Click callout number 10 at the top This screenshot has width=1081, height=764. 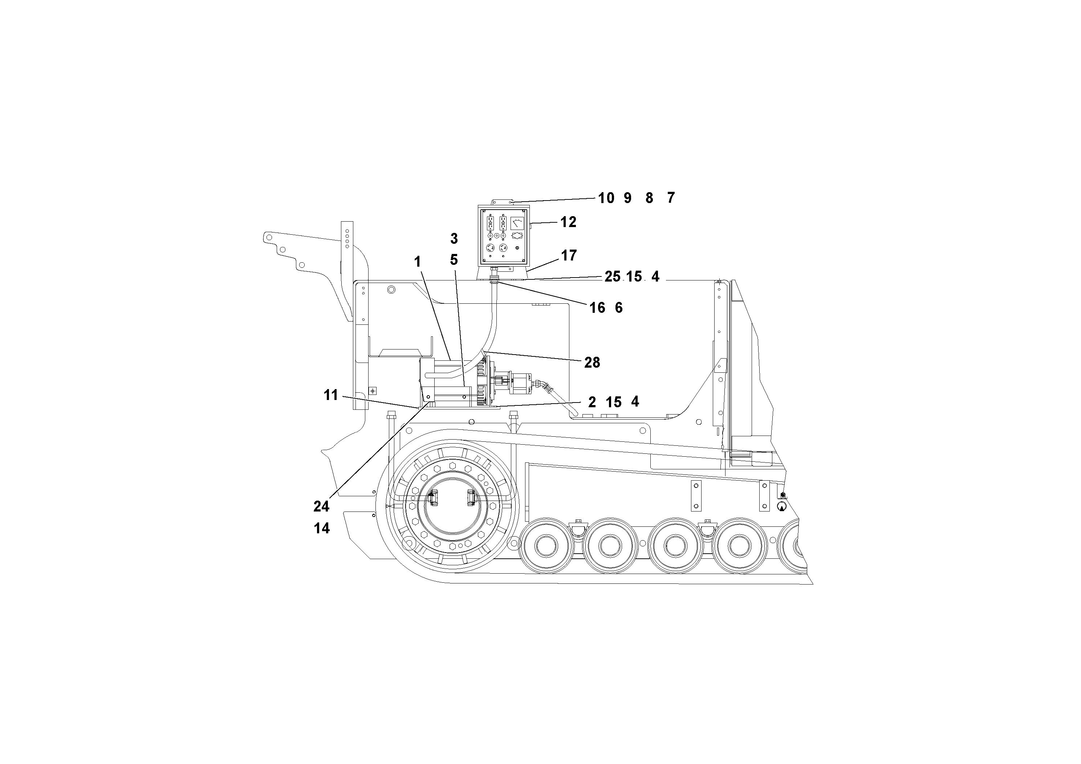click(606, 198)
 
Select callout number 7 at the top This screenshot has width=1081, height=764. click(671, 198)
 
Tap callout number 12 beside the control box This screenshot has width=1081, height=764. click(568, 222)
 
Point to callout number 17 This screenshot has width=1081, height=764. click(569, 255)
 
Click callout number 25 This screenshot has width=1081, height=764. click(613, 277)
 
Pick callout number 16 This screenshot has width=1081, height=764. click(597, 308)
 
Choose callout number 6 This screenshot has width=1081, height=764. click(619, 308)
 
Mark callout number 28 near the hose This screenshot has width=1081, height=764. click(592, 363)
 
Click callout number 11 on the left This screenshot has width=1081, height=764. click(331, 395)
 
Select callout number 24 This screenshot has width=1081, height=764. click(322, 507)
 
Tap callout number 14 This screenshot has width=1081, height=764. click(322, 529)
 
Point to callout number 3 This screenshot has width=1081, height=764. click(454, 239)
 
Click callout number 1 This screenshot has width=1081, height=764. click(417, 262)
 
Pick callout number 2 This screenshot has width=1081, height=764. click(592, 402)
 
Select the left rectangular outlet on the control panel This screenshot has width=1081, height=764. click(489, 223)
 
